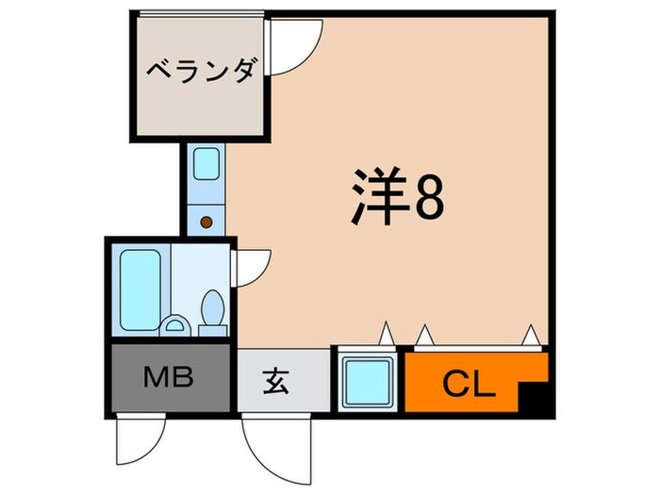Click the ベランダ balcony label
pos(200,72)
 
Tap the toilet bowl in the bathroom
pos(212,307)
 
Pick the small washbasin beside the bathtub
pos(173,326)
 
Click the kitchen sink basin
pos(206,164)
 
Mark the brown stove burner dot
pos(206,223)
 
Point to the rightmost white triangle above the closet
pos(531,333)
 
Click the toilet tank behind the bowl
pos(211,328)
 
